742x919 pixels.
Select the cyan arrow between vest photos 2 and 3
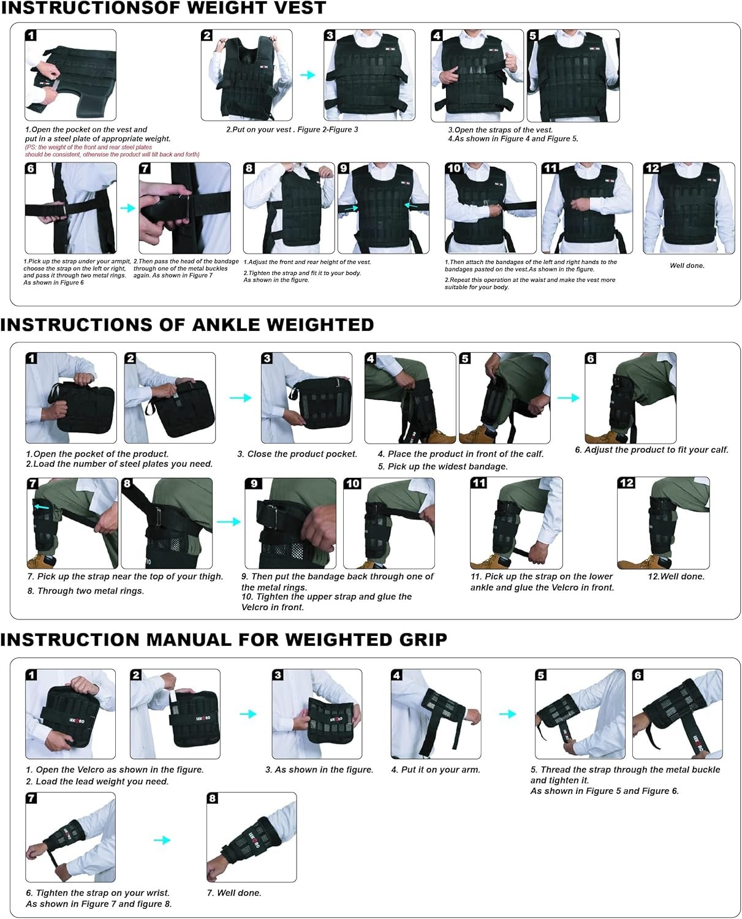(308, 75)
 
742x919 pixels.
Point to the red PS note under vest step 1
(112, 151)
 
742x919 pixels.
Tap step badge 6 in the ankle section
(591, 358)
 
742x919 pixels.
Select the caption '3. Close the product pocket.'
(297, 454)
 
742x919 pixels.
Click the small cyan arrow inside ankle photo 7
(41, 507)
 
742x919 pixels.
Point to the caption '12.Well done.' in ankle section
(676, 577)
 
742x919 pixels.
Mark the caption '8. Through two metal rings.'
(85, 591)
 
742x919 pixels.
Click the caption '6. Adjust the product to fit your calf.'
(651, 450)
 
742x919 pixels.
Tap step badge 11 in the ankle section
(479, 483)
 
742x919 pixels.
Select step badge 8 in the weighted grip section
(213, 798)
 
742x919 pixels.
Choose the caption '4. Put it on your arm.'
(436, 770)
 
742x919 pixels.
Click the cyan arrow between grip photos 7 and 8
(162, 839)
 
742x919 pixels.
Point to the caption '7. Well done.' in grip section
(234, 893)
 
